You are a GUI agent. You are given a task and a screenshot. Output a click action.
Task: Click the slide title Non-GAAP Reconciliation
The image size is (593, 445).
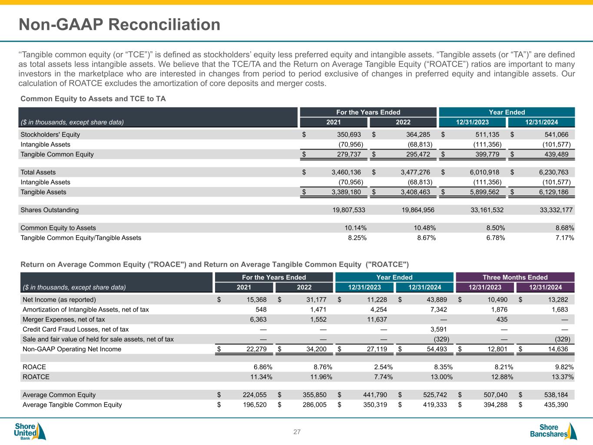pyautogui.click(x=119, y=25)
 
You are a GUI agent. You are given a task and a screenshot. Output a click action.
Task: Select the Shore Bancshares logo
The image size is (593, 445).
pyautogui.click(x=553, y=431)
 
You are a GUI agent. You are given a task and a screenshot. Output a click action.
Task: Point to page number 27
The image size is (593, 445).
pyautogui.click(x=297, y=432)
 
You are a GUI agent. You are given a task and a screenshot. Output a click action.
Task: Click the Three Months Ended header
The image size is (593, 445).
pyautogui.click(x=515, y=277)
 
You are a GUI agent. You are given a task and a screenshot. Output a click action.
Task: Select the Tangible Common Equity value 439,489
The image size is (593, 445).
pyautogui.click(x=556, y=154)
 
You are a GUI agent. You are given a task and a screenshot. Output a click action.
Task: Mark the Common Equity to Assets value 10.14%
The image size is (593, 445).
pyautogui.click(x=355, y=228)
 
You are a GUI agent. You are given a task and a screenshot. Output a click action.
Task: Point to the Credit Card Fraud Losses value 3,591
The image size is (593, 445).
pyautogui.click(x=438, y=329)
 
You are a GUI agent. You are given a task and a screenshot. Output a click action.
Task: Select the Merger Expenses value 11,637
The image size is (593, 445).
pyautogui.click(x=375, y=319)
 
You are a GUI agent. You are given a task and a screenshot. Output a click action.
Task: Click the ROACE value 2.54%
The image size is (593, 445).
pyautogui.click(x=382, y=367)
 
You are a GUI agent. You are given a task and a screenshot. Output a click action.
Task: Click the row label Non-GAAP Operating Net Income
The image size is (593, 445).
pyautogui.click(x=72, y=349)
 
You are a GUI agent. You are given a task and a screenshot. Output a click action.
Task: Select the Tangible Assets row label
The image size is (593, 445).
pyautogui.click(x=43, y=192)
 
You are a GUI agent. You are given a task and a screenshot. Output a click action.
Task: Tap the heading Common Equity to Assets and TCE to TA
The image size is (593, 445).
pyautogui.click(x=93, y=99)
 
